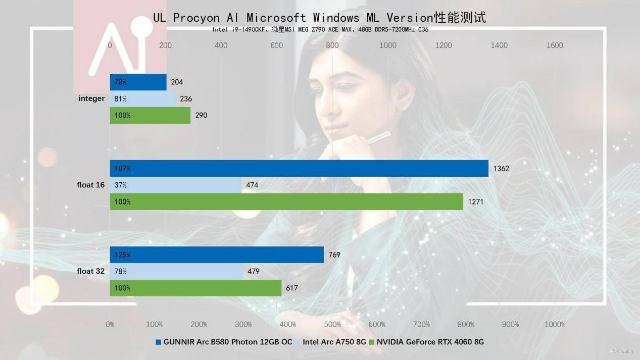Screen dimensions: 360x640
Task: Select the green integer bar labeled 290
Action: coord(150,115)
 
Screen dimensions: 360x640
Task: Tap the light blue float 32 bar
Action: coord(176,271)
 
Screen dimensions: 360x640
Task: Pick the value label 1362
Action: coord(501,168)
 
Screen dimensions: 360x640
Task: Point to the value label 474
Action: coord(252,185)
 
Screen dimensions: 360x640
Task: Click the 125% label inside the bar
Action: coord(121,254)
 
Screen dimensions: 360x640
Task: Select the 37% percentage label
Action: coord(120,185)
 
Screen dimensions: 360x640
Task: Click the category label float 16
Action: coord(90,185)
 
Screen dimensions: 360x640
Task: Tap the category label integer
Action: coord(91,98)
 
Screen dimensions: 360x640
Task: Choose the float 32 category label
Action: coord(90,271)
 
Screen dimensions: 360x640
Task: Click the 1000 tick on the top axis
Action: coord(388,45)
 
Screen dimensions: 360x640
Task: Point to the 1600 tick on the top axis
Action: coord(555,45)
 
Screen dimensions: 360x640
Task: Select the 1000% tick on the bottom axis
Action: coord(555,324)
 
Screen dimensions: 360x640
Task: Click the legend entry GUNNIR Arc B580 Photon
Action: coord(227,342)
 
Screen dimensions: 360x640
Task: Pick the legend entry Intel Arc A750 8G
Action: coord(334,342)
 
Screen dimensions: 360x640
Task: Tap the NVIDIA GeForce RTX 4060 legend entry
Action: coord(430,342)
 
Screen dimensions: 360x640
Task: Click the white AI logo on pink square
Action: coord(117,48)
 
